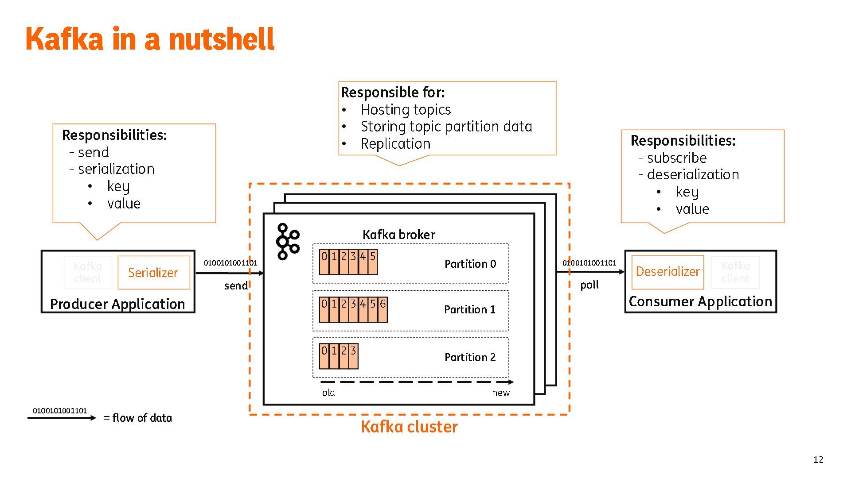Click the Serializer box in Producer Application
153,272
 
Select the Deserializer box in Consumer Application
668,271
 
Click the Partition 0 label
470,264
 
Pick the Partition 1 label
470,309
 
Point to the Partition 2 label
470,357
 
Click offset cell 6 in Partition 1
383,309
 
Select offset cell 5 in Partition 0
373,262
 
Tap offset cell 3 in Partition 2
353,356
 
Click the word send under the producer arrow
236,286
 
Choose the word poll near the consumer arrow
589,285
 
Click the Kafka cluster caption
409,427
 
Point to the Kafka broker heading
398,235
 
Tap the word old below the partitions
328,393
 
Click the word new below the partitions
501,393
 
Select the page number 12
818,459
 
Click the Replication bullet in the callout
395,144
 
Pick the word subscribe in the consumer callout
677,158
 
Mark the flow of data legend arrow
62,418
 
